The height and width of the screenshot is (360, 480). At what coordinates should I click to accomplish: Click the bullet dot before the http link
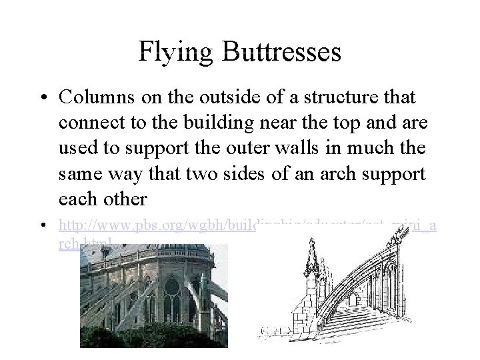(43, 227)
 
